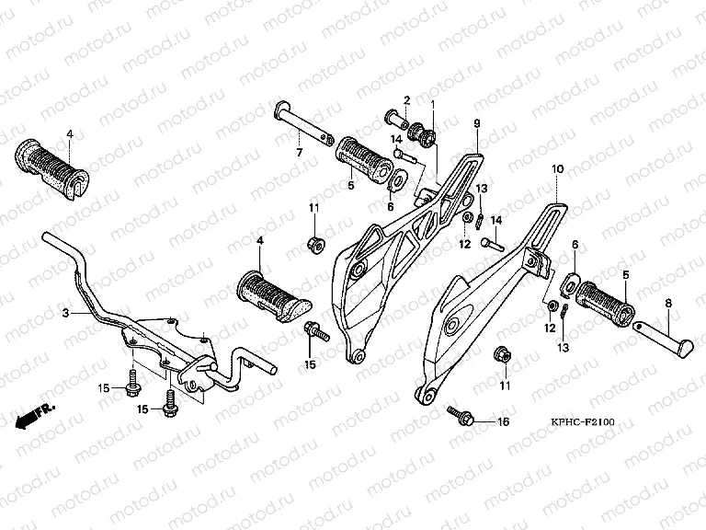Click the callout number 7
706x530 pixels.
pos(299,152)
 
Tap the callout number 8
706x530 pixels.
pos(668,301)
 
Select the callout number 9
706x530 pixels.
pos(477,123)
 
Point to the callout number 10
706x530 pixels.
pos(556,170)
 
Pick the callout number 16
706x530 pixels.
pos(502,422)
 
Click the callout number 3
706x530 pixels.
pos(66,314)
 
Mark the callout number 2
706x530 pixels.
pos(405,100)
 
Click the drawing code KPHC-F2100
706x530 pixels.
pos(583,422)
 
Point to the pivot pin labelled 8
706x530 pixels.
pos(662,332)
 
